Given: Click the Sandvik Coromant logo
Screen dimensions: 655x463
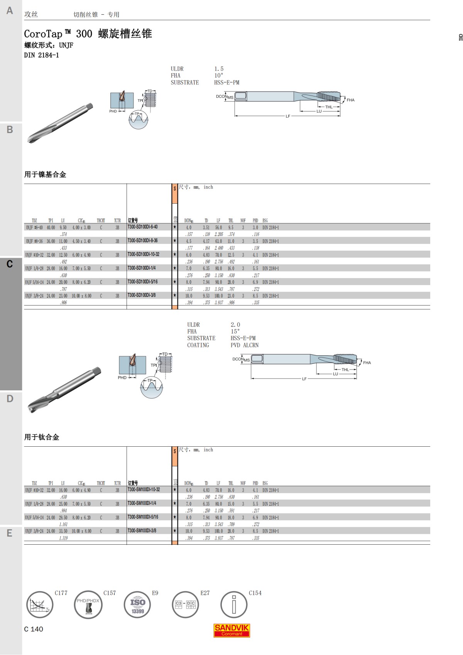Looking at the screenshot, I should pyautogui.click(x=231, y=630).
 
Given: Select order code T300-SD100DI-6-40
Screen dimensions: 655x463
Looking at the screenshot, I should pyautogui.click(x=142, y=227).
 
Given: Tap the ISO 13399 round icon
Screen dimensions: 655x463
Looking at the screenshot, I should pyautogui.click(x=137, y=605).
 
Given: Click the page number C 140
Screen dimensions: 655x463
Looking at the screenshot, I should pyautogui.click(x=34, y=629).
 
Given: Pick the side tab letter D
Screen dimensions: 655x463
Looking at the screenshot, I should pyautogui.click(x=10, y=399).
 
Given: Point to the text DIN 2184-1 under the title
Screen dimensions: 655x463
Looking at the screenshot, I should pyautogui.click(x=41, y=55).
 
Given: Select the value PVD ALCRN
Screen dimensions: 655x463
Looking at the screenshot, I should pyautogui.click(x=245, y=345).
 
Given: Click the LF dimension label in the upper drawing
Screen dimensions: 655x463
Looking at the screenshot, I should pyautogui.click(x=288, y=116).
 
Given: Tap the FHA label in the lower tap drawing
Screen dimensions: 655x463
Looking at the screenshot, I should pyautogui.click(x=367, y=363).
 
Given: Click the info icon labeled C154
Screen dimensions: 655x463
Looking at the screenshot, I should pyautogui.click(x=234, y=605).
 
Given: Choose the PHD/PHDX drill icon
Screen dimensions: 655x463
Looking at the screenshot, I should pyautogui.click(x=88, y=605).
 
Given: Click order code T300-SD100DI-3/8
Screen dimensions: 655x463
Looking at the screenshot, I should pyautogui.click(x=142, y=295).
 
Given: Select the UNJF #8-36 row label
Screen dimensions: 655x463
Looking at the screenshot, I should pyautogui.click(x=34, y=241).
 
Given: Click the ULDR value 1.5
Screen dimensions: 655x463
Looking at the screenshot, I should pyautogui.click(x=219, y=69).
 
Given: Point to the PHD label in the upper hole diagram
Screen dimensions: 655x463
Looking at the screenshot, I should pyautogui.click(x=113, y=111).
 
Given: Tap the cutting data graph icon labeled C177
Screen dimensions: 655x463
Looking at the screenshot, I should pyautogui.click(x=39, y=605).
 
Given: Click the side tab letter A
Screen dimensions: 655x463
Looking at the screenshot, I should pyautogui.click(x=10, y=11).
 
